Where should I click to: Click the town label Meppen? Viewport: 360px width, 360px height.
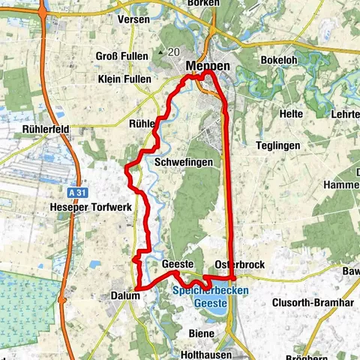tap(209, 66)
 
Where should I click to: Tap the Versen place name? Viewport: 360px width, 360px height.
tap(134, 19)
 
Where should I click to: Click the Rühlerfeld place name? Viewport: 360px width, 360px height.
tap(46, 129)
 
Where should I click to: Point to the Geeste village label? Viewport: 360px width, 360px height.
tap(178, 265)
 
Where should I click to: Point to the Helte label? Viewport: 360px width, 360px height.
tap(290, 114)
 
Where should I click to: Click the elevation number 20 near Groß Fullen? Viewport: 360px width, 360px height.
tap(174, 52)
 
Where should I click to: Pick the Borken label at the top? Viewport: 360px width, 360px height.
tap(204, 4)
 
